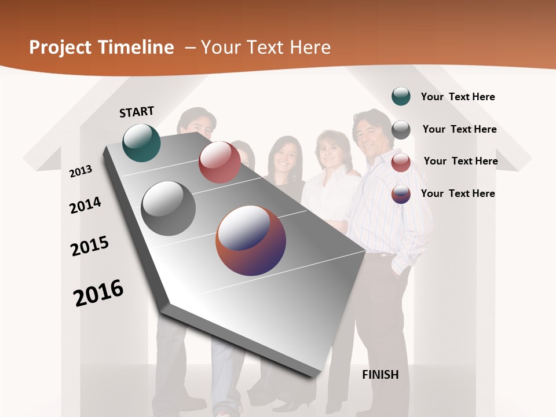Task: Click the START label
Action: [x=137, y=112]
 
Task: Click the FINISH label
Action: [x=381, y=375]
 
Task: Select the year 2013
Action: [x=81, y=171]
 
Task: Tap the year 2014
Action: [x=85, y=205]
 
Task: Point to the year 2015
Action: [x=90, y=246]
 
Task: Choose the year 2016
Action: [x=98, y=292]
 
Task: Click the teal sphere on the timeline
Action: [x=142, y=142]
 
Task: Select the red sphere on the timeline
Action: [x=220, y=162]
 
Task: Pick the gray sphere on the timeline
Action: [x=169, y=209]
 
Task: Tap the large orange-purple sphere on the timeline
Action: [x=251, y=240]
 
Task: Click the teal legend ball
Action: [x=401, y=96]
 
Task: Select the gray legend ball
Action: [x=401, y=130]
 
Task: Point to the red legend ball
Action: [x=401, y=162]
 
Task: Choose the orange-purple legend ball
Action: [x=401, y=194]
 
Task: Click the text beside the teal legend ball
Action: [x=458, y=97]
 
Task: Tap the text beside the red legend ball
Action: [x=460, y=161]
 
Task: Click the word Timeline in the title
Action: [x=133, y=47]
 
